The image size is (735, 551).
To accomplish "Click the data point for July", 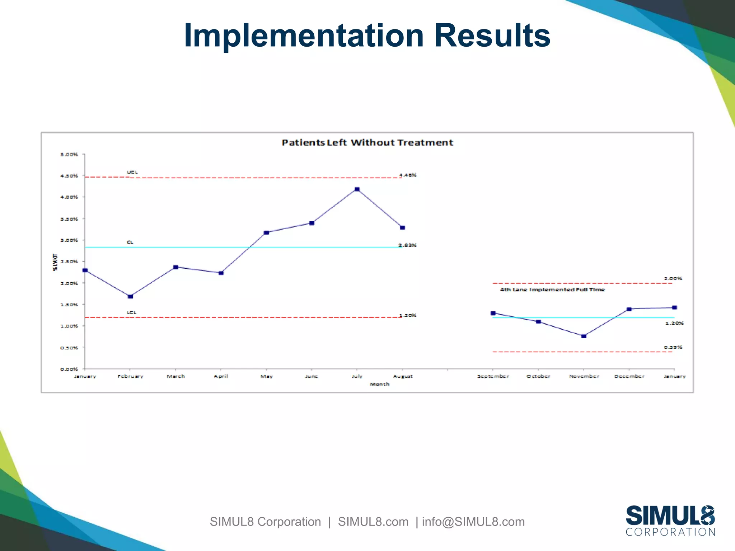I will (x=357, y=189).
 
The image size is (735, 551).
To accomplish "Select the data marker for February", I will (x=130, y=296).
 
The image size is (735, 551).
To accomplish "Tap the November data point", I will (x=584, y=336).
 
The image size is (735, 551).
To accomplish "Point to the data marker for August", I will (x=402, y=228).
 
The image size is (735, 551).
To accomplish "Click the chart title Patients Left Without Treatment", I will (x=367, y=143).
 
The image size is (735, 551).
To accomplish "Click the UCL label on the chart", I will (x=132, y=173).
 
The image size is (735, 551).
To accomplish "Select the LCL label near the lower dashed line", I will (x=132, y=312).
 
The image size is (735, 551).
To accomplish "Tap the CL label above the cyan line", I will (x=130, y=242).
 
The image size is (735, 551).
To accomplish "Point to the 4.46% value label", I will (x=408, y=175).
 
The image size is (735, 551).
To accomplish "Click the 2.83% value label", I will (x=408, y=245).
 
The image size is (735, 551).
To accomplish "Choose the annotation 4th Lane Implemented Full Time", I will (x=552, y=289).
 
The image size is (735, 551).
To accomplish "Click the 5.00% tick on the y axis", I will (x=69, y=155).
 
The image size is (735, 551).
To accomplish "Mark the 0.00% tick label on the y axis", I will (x=69, y=369).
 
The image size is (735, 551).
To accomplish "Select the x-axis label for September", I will (x=493, y=376).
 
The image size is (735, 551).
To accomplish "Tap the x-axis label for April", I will (x=221, y=376).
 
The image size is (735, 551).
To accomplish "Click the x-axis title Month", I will (x=379, y=384).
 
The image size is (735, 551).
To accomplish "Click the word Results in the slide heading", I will (x=492, y=36).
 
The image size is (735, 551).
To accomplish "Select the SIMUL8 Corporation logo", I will (x=670, y=521).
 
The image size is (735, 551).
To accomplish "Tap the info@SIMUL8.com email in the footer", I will (x=473, y=522).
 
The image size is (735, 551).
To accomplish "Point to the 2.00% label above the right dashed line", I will (x=673, y=278).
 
